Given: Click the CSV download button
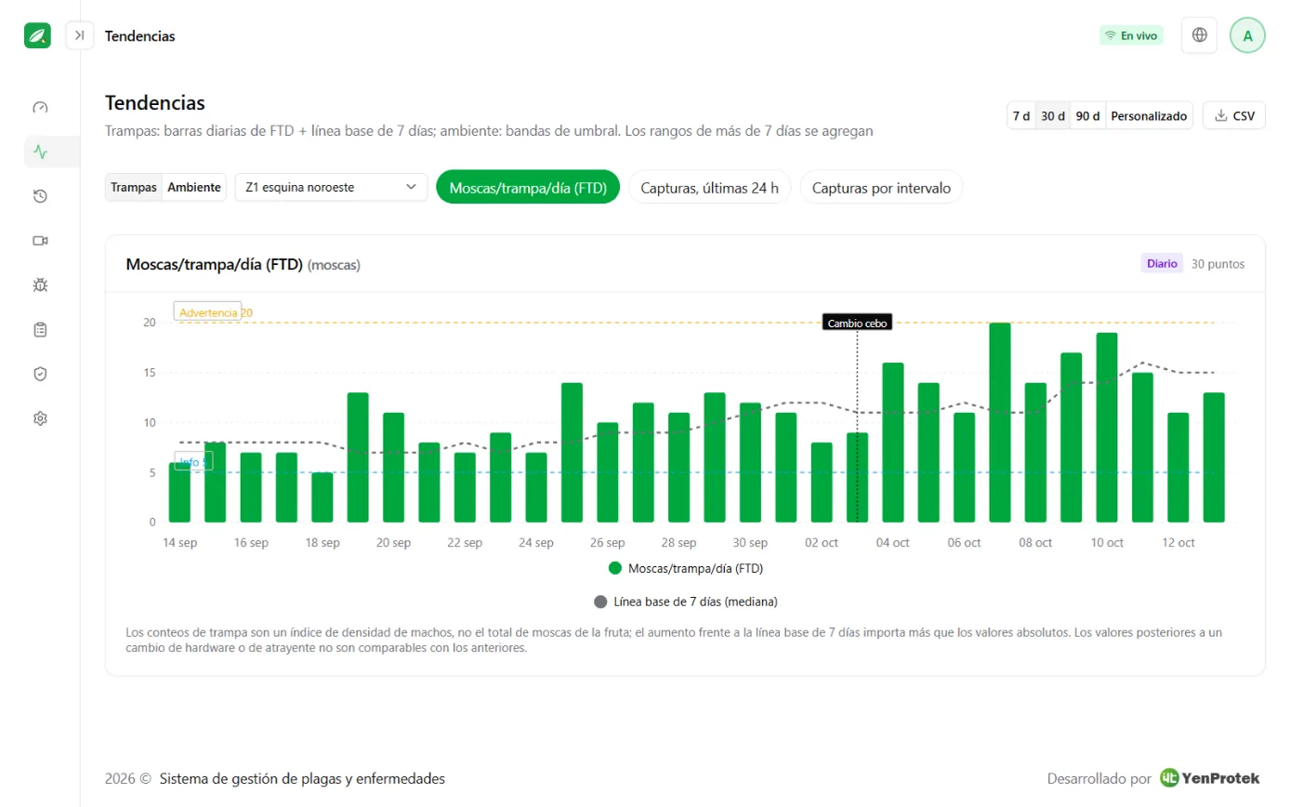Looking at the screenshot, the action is (1233, 116).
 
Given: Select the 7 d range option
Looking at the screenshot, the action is (1021, 116).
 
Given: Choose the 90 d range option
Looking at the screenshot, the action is (1087, 116).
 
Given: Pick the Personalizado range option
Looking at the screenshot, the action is (1149, 116).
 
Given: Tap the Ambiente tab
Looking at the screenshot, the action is (194, 187).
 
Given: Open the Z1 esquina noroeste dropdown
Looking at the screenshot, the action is (331, 187).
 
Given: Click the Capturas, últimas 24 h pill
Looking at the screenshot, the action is (709, 188).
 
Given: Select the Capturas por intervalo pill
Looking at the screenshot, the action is (881, 188).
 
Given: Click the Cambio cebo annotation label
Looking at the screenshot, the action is (857, 323).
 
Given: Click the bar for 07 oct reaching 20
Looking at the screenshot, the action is (1000, 422).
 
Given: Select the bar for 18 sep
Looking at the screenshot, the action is (322, 497).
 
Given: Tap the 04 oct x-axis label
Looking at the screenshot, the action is (892, 543).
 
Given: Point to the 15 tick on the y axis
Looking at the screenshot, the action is (150, 373).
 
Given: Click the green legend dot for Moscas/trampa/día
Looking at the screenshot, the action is (615, 569).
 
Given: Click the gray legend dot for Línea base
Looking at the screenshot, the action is (600, 602).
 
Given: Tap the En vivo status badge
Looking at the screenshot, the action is (1131, 35).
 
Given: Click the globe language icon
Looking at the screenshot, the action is (1199, 35).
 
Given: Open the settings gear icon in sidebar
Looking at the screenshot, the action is (40, 418).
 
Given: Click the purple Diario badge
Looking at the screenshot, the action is (1162, 264).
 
